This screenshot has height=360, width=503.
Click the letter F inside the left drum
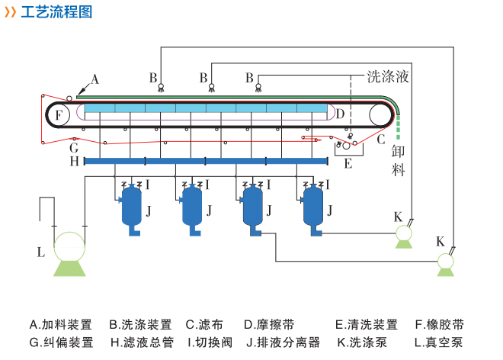[x=59, y=114]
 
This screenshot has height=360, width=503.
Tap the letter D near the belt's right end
[x=340, y=114]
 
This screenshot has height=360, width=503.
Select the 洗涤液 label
[x=389, y=76]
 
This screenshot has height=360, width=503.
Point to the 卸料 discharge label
[x=399, y=159]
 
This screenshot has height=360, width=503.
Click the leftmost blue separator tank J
[x=133, y=205]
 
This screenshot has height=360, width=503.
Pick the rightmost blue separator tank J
[x=313, y=205]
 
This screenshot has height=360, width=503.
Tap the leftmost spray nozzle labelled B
[x=161, y=86]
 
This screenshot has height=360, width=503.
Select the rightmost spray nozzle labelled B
[x=258, y=86]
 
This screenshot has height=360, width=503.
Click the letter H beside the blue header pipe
[x=74, y=162]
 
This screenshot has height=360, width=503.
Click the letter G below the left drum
[x=74, y=147]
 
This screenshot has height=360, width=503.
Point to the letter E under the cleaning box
[x=348, y=163]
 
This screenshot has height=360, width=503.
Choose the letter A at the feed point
[x=95, y=79]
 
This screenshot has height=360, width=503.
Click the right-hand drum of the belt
[x=381, y=114]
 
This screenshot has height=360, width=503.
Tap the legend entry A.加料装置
[x=61, y=324]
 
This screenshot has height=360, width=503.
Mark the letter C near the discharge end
[x=381, y=139]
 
